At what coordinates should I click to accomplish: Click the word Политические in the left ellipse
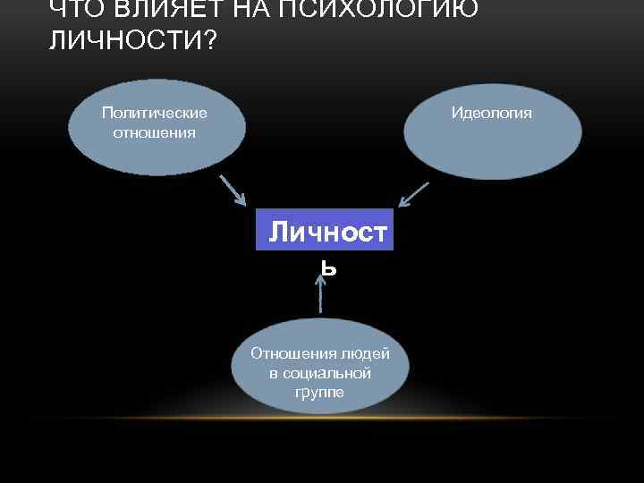(x=154, y=113)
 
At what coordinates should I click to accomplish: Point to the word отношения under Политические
(x=154, y=132)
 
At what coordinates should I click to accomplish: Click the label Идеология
(x=491, y=113)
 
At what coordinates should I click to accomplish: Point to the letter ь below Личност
(x=328, y=266)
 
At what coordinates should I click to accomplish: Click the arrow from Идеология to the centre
(x=413, y=196)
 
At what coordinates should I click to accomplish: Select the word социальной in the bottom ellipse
(x=319, y=372)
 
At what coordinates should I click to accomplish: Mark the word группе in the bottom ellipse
(x=318, y=392)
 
